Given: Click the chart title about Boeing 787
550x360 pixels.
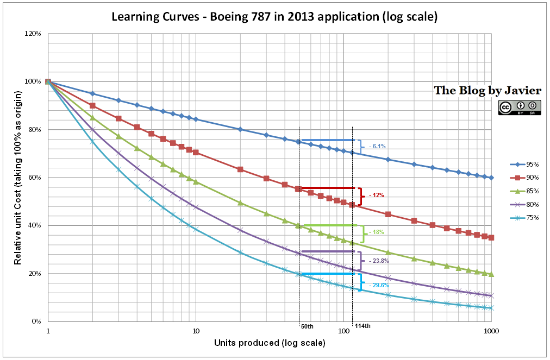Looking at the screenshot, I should pos(274,16).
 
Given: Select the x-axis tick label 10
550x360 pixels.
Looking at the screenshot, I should pos(196,330).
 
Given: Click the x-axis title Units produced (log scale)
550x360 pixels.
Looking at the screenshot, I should pos(270,343).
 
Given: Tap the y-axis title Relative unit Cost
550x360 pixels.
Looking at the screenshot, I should pos(18,178).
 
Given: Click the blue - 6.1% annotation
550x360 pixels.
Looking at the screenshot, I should pos(377,147).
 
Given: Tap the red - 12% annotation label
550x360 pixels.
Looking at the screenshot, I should pos(377,195).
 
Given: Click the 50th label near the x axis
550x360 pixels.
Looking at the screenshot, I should pos(307,326).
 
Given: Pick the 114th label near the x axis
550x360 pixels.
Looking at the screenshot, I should pos(363,326).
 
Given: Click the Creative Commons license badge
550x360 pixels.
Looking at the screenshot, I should pos(518,107).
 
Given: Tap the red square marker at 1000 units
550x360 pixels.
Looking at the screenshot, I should pos(491,237).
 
